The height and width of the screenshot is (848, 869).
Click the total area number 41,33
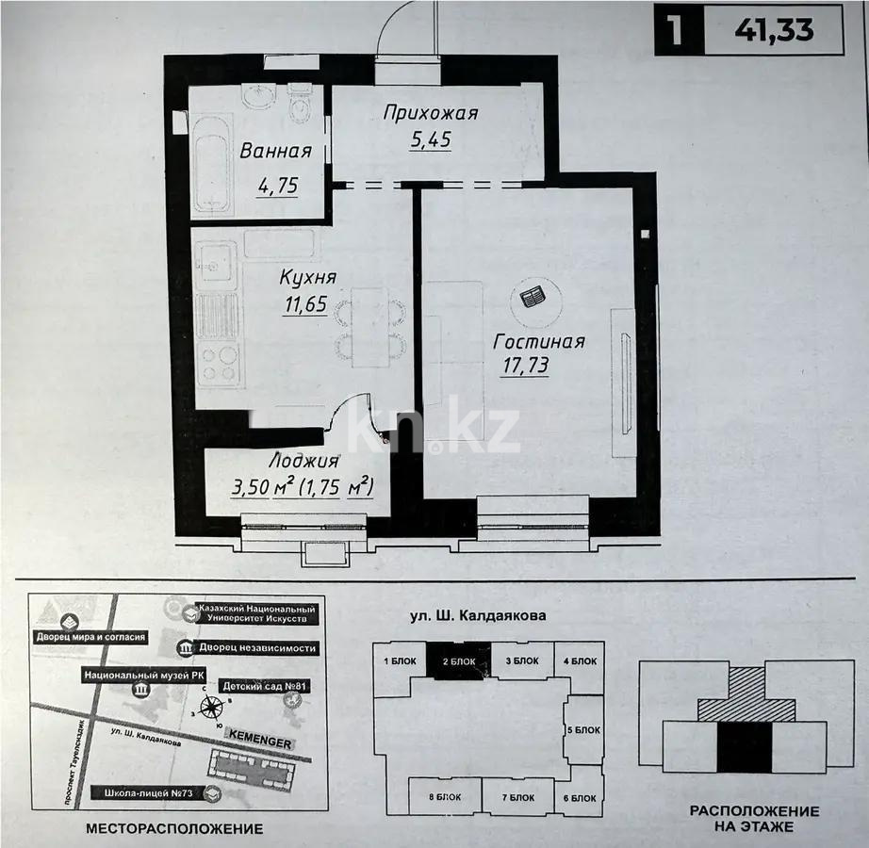(774, 29)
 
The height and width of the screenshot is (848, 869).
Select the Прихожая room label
(431, 113)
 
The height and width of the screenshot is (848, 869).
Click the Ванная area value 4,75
(277, 186)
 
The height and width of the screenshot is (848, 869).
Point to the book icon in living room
(533, 299)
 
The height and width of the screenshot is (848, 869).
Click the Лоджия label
(303, 462)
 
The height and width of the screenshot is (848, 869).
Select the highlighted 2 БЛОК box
(459, 660)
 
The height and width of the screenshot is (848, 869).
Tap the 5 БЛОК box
(583, 729)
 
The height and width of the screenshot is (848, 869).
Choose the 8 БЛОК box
(445, 797)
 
